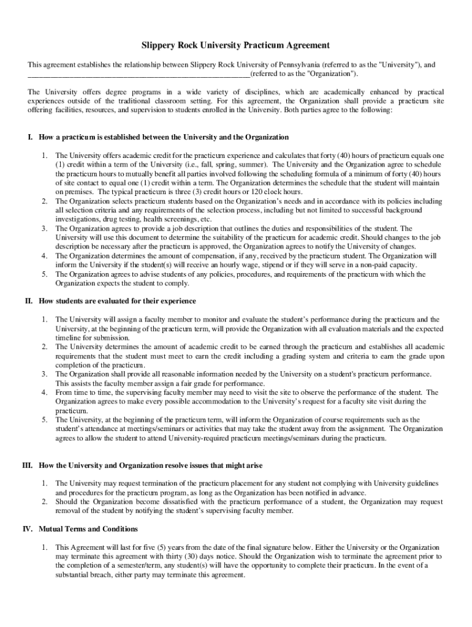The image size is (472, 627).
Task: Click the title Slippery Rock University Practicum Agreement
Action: pyautogui.click(x=236, y=45)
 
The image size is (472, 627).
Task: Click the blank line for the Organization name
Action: pyautogui.click(x=139, y=75)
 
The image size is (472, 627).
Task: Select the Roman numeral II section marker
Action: pyautogui.click(x=28, y=301)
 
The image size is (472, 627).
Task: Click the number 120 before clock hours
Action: pyautogui.click(x=249, y=192)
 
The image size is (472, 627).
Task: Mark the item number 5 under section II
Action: pyautogui.click(x=45, y=419)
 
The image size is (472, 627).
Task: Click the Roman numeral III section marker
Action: pyautogui.click(x=27, y=465)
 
